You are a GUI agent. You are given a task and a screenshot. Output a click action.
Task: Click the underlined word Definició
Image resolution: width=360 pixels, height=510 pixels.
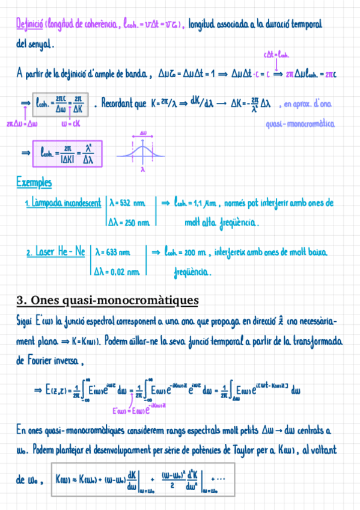[28, 25]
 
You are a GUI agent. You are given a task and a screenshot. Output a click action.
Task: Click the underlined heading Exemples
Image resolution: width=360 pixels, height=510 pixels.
[34, 182]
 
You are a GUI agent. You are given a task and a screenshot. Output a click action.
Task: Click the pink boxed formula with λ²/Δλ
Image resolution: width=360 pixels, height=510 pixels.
[67, 154]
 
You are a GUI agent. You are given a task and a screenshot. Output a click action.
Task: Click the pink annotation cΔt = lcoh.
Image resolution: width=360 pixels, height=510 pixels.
[276, 55]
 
